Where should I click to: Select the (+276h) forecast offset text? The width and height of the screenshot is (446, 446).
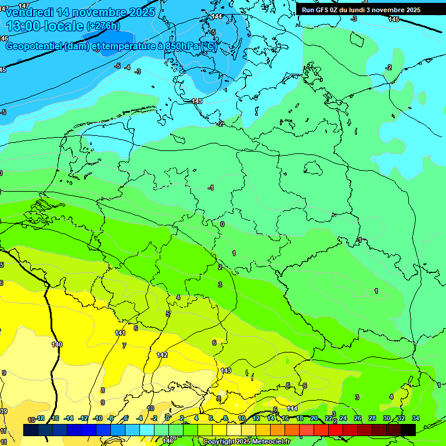[x=103, y=26]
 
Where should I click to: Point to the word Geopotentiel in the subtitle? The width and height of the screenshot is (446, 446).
[x=34, y=47]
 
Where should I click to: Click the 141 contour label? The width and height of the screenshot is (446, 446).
[x=120, y=333]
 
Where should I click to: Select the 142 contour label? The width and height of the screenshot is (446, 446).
[x=163, y=354]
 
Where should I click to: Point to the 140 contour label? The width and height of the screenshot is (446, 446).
[x=56, y=344]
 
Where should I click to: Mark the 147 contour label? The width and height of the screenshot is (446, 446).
[x=23, y=6]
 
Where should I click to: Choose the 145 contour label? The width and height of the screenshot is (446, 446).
[x=394, y=19]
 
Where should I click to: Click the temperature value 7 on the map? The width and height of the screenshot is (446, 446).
[x=124, y=346]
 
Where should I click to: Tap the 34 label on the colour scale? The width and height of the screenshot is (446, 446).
[x=415, y=418]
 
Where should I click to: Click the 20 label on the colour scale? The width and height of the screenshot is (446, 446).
[x=314, y=418]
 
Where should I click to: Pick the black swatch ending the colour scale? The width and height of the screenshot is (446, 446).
[x=408, y=430]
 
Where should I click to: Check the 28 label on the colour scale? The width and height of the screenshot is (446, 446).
[x=372, y=418]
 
